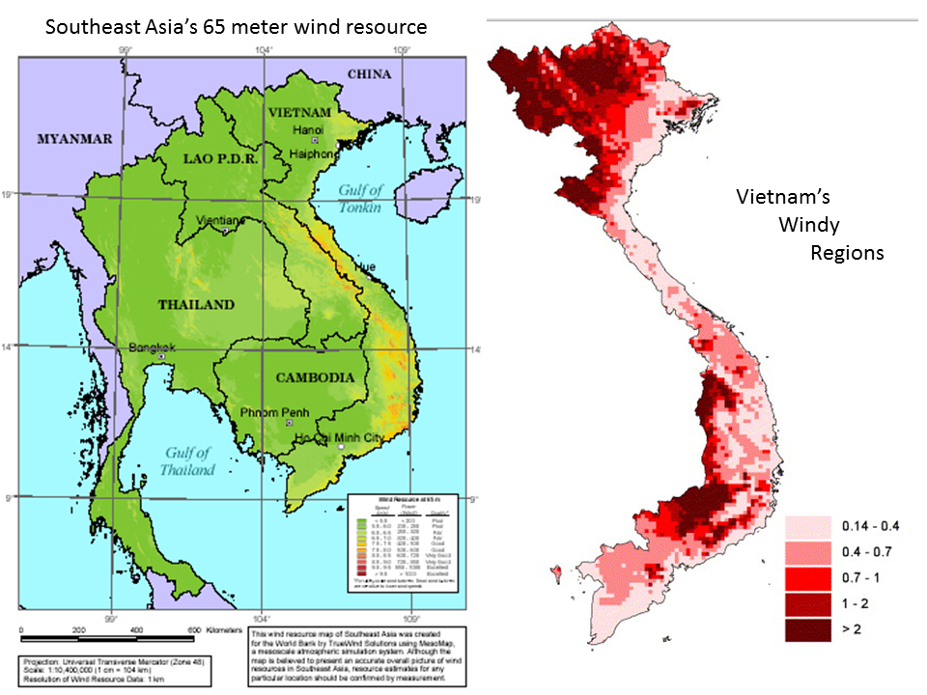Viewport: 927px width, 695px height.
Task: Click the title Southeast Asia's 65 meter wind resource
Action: tap(237, 27)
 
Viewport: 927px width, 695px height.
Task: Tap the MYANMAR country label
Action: tap(69, 139)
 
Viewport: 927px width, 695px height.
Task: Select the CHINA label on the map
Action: tap(369, 74)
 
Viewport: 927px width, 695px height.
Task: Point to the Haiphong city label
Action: tap(311, 153)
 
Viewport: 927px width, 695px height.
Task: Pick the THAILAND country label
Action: tap(196, 305)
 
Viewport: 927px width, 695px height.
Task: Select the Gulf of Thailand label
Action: tap(188, 461)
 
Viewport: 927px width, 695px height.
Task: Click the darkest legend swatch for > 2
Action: tap(806, 629)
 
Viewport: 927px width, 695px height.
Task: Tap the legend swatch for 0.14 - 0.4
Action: tap(806, 527)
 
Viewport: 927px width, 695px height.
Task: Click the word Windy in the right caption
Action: tap(808, 226)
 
